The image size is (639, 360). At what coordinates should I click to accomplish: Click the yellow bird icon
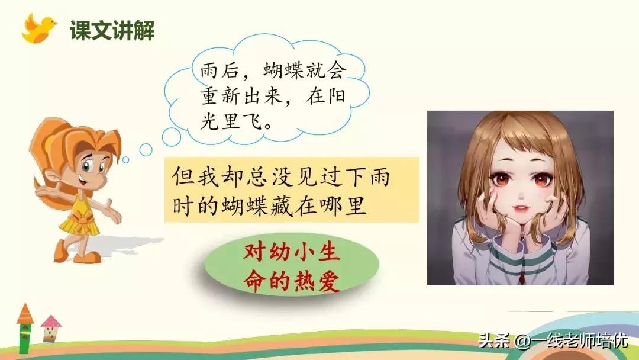tap(38, 28)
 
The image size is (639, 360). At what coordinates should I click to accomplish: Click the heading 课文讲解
tap(112, 30)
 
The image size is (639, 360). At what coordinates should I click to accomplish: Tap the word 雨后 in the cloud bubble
tap(216, 71)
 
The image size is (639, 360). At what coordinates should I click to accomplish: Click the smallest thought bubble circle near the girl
tap(125, 160)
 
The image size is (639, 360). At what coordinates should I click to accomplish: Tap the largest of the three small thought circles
tap(172, 137)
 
